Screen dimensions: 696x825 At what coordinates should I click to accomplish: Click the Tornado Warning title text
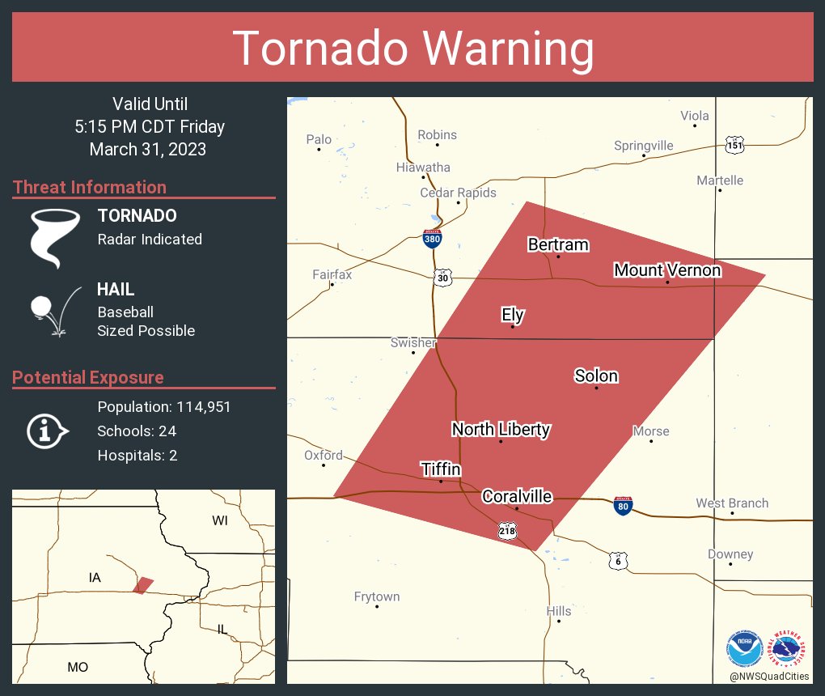coord(413,49)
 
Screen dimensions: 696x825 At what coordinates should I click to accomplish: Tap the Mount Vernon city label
coord(667,270)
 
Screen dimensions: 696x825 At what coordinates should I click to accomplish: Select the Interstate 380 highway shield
coord(432,238)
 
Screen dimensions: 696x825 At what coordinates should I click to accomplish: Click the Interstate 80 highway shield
coord(623,506)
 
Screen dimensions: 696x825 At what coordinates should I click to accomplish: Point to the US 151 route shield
coord(734,145)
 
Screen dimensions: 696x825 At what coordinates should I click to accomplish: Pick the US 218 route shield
coord(507,532)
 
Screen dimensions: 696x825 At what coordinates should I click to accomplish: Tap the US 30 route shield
coord(442,278)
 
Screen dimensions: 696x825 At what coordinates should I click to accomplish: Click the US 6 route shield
coord(619,561)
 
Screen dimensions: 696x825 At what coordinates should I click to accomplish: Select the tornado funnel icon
coord(55,237)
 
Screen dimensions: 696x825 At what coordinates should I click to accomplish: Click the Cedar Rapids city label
coord(458,193)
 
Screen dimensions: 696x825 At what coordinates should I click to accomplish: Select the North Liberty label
coord(501,430)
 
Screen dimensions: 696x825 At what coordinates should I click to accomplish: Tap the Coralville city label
coord(517,497)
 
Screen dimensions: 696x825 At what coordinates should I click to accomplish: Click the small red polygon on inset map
coord(143,585)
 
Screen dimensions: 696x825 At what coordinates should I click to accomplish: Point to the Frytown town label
coord(377,597)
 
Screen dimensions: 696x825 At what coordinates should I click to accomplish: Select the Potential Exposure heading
coord(88,378)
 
